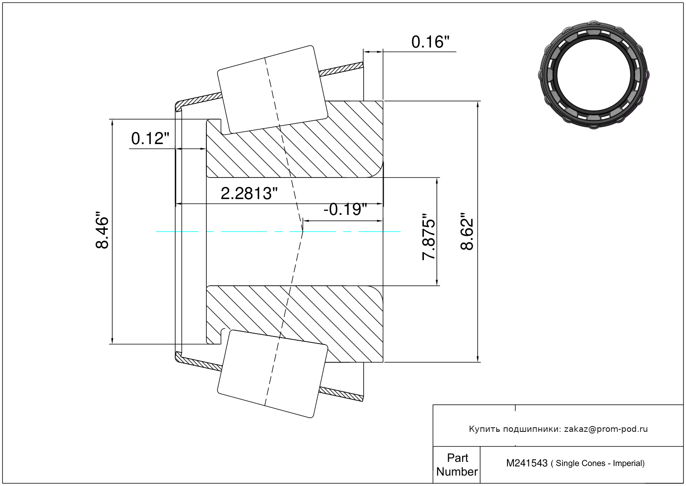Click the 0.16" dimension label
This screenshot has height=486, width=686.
pos(430,42)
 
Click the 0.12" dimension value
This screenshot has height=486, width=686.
pos(150,139)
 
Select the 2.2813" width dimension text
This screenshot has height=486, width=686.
pos(249,194)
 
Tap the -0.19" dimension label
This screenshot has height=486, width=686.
pos(345,209)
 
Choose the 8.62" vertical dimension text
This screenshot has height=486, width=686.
pos(467,232)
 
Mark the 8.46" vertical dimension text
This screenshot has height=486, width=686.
pos(102,232)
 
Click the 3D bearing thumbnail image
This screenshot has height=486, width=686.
pos(594,74)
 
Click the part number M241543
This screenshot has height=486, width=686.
pos(527,463)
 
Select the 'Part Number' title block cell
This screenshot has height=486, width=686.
pos(457,465)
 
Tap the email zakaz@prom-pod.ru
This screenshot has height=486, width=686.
pos(606,429)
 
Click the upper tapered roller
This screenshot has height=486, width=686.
pos(272,89)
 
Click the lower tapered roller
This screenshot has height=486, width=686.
pos(272,374)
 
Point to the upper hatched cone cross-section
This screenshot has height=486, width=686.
pos(300,150)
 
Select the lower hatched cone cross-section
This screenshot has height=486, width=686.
pos(300,317)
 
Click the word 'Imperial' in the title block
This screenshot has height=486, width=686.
pos(628,464)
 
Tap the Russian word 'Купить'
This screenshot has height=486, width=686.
pos(484,429)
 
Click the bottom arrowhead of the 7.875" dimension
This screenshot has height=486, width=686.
pos(437,283)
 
